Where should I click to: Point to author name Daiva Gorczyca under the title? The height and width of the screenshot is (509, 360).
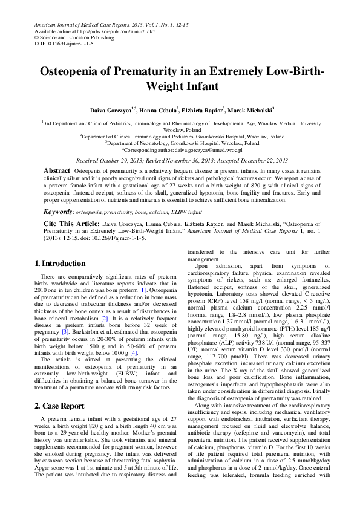(110, 111)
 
